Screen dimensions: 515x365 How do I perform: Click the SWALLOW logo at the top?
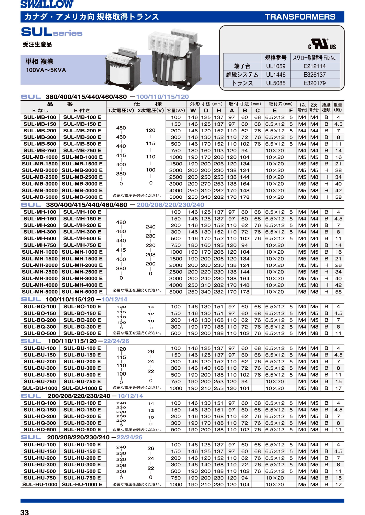(x=47, y=4)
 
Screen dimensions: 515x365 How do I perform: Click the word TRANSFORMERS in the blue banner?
(x=300, y=17)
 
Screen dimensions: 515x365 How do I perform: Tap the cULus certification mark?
(x=322, y=44)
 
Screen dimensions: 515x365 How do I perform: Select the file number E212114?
(x=314, y=66)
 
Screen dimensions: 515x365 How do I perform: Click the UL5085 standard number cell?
(x=276, y=83)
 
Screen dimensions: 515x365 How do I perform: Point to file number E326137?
(x=314, y=75)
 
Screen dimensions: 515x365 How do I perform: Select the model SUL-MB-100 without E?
(x=40, y=117)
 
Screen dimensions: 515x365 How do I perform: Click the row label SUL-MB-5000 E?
(x=82, y=197)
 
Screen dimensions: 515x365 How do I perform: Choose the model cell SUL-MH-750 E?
(x=82, y=245)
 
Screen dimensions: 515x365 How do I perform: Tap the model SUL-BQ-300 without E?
(x=40, y=327)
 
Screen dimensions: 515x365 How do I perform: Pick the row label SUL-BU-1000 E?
(x=82, y=388)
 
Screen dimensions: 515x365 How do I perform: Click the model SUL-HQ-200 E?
(x=82, y=416)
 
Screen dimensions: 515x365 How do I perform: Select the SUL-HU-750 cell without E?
(x=40, y=478)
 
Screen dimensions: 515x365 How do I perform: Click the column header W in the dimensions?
(x=193, y=110)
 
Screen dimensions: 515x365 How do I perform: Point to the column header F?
(x=291, y=110)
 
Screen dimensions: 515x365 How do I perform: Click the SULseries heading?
(x=52, y=32)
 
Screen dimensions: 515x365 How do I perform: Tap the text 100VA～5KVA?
(x=46, y=70)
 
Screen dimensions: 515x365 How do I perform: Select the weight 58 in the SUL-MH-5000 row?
(x=338, y=292)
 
